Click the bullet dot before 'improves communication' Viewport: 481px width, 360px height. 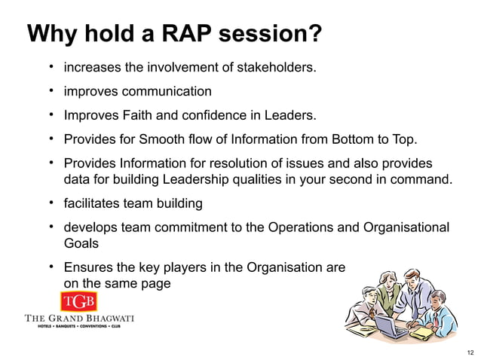point(52,91)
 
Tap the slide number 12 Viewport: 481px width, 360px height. point(471,352)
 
